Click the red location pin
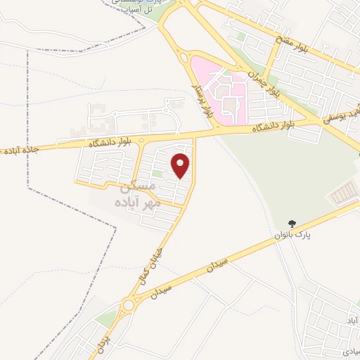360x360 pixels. coord(181,165)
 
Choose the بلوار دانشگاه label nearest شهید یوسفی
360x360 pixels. coord(271,127)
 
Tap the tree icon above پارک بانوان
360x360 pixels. coord(294,224)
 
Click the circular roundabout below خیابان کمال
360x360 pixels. coord(128,305)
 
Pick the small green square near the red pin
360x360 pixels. coord(158,174)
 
